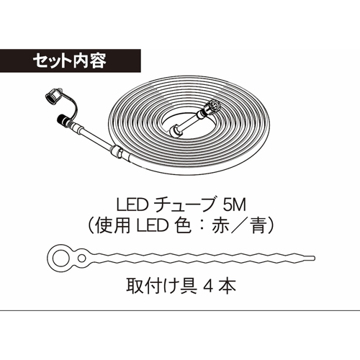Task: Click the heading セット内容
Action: coord(69,60)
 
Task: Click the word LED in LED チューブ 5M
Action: coord(131,205)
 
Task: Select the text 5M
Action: coord(235,205)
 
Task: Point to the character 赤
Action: coord(220,226)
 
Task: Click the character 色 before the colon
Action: coord(184,226)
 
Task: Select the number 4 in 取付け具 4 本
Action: coord(208,286)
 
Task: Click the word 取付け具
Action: coord(161,286)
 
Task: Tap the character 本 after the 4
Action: coord(228,286)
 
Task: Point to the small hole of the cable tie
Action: coord(82,258)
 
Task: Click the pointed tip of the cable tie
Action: coord(314,258)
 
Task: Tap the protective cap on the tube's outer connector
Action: coord(53,96)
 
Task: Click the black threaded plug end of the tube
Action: coord(63,120)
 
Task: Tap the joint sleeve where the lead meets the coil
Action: coord(117,151)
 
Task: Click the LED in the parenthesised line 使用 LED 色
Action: coord(152,226)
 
